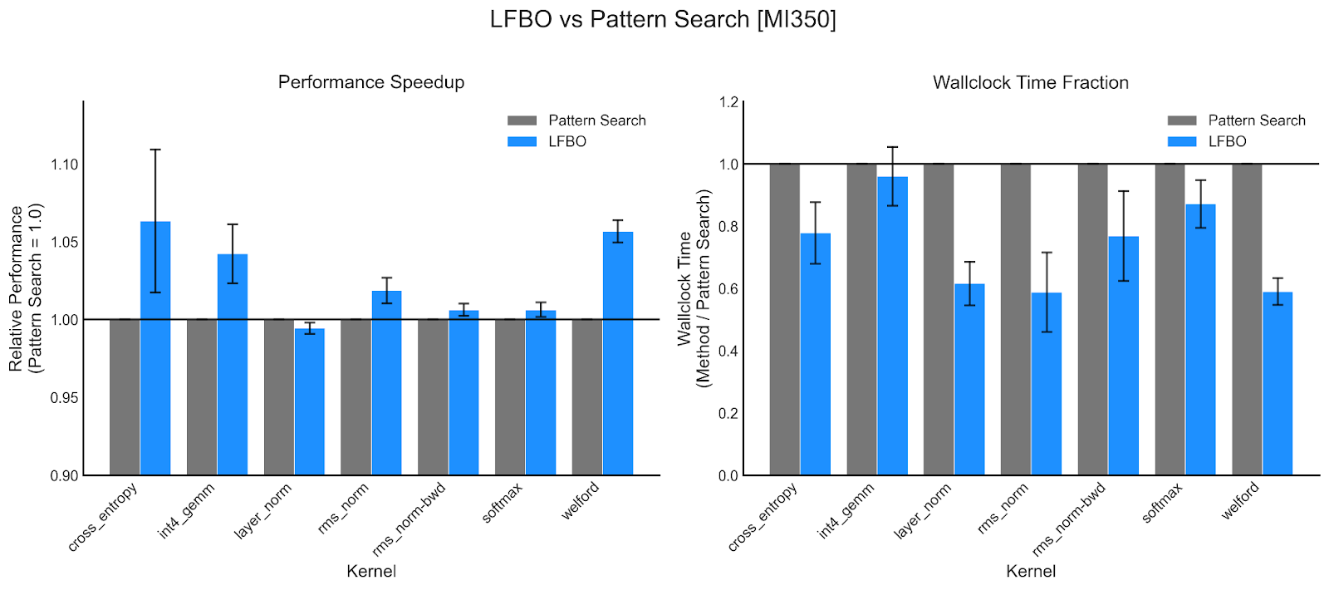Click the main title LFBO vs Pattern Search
(x=663, y=19)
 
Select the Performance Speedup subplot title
(x=371, y=82)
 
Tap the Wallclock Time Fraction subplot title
(x=1030, y=82)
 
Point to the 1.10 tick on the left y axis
(x=65, y=165)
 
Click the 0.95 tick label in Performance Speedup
(x=65, y=398)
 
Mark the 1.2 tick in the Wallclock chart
(x=728, y=102)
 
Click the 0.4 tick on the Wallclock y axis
(x=728, y=351)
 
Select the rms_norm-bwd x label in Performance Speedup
(x=409, y=520)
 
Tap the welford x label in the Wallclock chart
(x=1240, y=502)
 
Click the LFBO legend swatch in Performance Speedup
(x=522, y=141)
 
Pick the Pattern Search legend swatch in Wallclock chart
(x=1182, y=120)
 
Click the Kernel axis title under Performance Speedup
(x=371, y=571)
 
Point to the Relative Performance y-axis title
(x=25, y=288)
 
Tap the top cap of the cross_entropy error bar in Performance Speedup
(x=155, y=150)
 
